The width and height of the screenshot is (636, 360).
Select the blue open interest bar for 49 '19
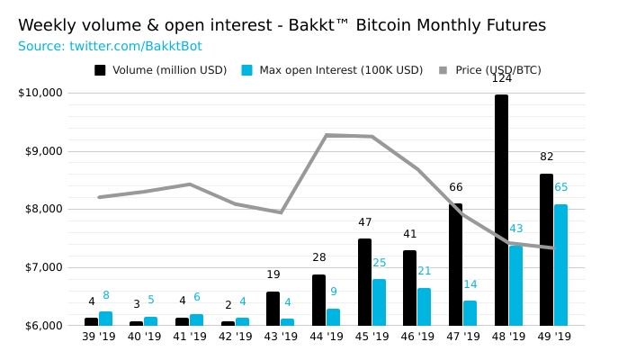pyautogui.click(x=560, y=265)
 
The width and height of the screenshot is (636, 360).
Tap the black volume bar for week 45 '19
pyautogui.click(x=364, y=282)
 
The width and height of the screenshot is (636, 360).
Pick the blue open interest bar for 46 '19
pyautogui.click(x=424, y=307)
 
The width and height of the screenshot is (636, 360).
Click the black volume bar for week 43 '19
pyautogui.click(x=273, y=309)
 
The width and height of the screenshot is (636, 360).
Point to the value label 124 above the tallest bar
pyautogui.click(x=501, y=79)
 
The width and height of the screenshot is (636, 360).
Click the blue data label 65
pyautogui.click(x=560, y=188)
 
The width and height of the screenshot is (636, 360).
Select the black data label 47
pyautogui.click(x=364, y=223)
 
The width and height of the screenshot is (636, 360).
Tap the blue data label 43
pyautogui.click(x=515, y=229)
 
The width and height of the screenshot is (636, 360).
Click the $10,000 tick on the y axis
pyautogui.click(x=40, y=93)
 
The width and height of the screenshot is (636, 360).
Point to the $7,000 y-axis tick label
pyautogui.click(x=40, y=267)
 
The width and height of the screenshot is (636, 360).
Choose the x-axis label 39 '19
pyautogui.click(x=99, y=337)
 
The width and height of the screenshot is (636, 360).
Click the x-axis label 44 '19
pyautogui.click(x=327, y=337)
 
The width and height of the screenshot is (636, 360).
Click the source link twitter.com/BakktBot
pyautogui.click(x=135, y=46)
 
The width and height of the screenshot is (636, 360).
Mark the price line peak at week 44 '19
pyautogui.click(x=327, y=135)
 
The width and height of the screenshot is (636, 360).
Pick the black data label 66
pyautogui.click(x=456, y=188)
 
